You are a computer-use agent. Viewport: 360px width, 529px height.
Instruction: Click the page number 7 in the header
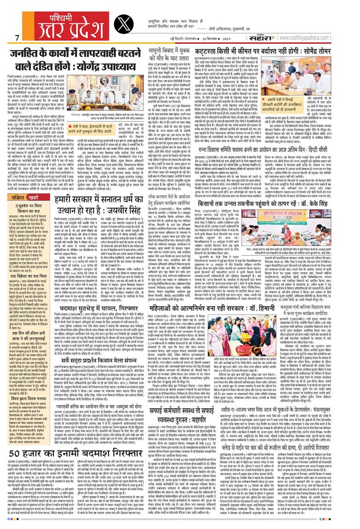pyautogui.click(x=17, y=37)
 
